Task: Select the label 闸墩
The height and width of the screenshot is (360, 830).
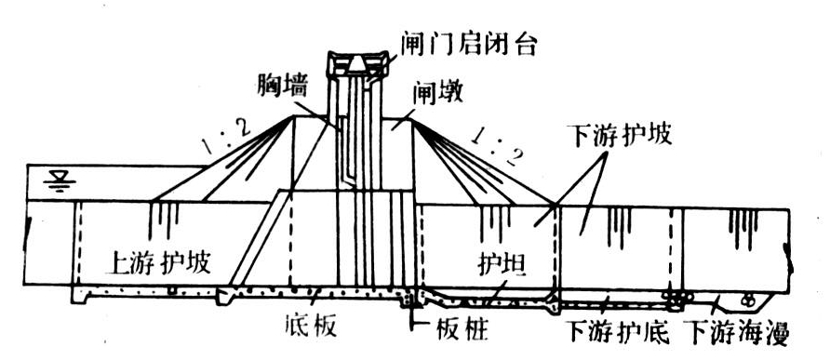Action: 436,94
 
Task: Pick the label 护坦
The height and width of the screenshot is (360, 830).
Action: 502,264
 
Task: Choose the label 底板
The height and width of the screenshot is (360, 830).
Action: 309,328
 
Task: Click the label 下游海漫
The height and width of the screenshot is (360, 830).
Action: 737,330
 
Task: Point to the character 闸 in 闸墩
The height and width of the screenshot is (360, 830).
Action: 423,94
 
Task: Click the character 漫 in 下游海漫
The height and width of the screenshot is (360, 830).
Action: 777,330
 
